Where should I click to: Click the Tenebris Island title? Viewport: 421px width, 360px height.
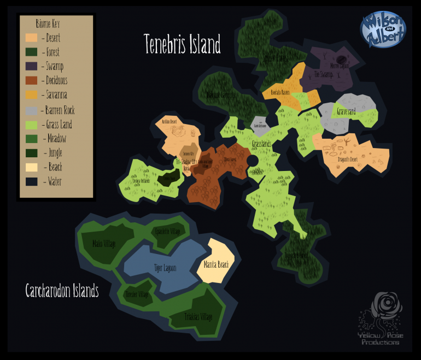coord(182,44)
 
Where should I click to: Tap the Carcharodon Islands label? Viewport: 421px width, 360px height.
coord(62,290)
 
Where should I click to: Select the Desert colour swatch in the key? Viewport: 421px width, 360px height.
coord(31,38)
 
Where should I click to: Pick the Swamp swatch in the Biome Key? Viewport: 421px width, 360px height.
coord(31,67)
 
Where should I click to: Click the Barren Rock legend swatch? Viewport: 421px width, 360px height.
coord(31,110)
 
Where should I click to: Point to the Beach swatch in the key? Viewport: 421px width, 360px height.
coord(31,167)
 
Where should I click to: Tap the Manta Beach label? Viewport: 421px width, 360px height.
coord(215,265)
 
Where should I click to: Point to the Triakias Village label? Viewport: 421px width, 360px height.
coord(198,316)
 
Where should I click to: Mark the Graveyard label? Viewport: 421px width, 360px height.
coord(346,111)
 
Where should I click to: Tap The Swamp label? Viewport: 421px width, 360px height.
coord(324,75)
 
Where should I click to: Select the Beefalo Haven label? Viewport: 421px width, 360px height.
coord(280,92)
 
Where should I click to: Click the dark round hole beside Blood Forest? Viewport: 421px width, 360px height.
coord(252,161)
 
